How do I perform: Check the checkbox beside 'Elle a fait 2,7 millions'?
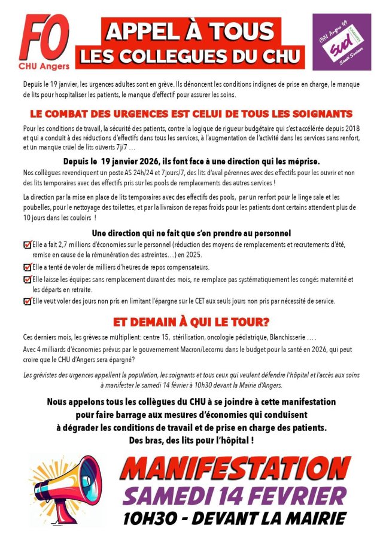[x=27, y=245]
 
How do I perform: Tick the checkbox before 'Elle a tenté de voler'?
[x=27, y=267]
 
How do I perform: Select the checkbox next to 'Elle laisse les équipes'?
[x=27, y=279]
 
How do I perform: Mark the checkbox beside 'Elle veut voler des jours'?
[x=27, y=301]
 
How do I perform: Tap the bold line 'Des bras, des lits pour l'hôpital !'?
[x=191, y=441]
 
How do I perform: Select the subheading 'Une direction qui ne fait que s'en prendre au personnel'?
[x=191, y=233]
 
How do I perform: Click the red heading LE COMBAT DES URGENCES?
[x=191, y=113]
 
